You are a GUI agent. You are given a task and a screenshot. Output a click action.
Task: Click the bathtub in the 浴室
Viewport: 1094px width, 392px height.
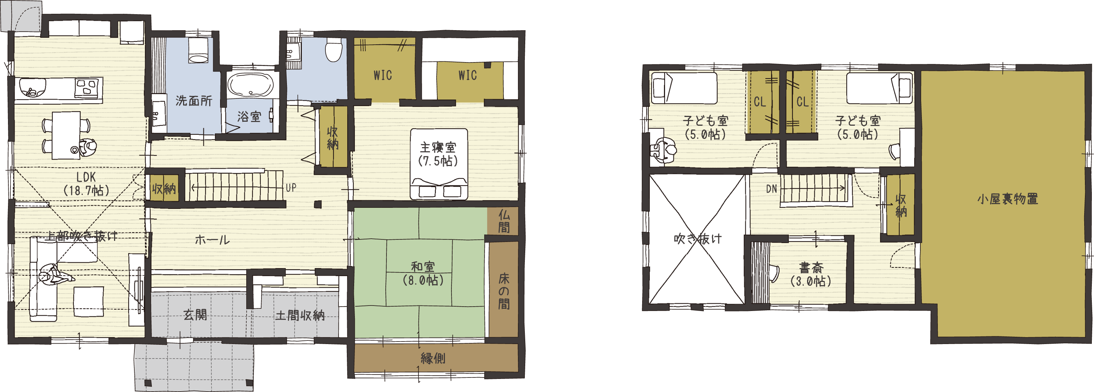click(x=251, y=85)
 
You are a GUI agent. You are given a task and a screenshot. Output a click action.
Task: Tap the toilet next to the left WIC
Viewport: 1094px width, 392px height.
click(x=334, y=50)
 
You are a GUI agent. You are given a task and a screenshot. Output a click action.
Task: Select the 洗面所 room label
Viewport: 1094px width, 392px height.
click(x=194, y=101)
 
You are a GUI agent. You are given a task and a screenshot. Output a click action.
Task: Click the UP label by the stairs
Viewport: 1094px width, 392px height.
click(x=291, y=187)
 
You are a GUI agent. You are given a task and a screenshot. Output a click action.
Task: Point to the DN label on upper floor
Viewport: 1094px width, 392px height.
click(x=772, y=189)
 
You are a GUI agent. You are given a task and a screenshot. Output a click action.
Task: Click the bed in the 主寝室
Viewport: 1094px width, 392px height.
click(x=439, y=164)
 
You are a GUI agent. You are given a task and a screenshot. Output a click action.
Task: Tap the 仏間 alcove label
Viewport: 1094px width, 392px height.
click(x=504, y=221)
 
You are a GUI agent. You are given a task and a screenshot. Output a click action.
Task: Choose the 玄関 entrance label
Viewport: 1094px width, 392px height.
click(x=195, y=315)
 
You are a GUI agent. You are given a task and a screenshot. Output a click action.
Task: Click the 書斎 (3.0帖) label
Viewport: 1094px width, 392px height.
click(x=811, y=274)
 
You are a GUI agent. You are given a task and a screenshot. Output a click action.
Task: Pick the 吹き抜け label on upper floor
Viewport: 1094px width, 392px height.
click(x=698, y=239)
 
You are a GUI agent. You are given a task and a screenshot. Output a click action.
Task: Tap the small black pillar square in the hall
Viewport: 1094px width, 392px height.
click(x=318, y=205)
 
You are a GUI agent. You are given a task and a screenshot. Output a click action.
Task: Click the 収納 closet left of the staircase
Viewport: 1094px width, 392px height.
click(x=165, y=188)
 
